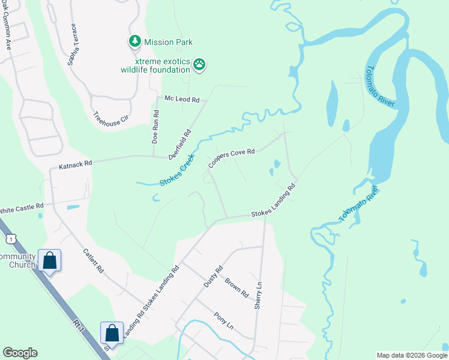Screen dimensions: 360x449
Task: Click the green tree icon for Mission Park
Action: click(x=134, y=41)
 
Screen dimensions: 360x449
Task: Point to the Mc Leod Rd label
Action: click(x=181, y=99)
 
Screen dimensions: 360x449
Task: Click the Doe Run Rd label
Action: click(x=155, y=126)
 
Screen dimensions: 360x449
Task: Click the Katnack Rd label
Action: click(x=75, y=163)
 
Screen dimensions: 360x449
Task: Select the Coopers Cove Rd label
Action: click(x=232, y=158)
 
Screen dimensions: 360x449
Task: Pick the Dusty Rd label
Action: click(x=213, y=276)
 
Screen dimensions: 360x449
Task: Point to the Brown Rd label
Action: click(x=237, y=287)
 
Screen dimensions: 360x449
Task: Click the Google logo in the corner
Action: click(x=20, y=352)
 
